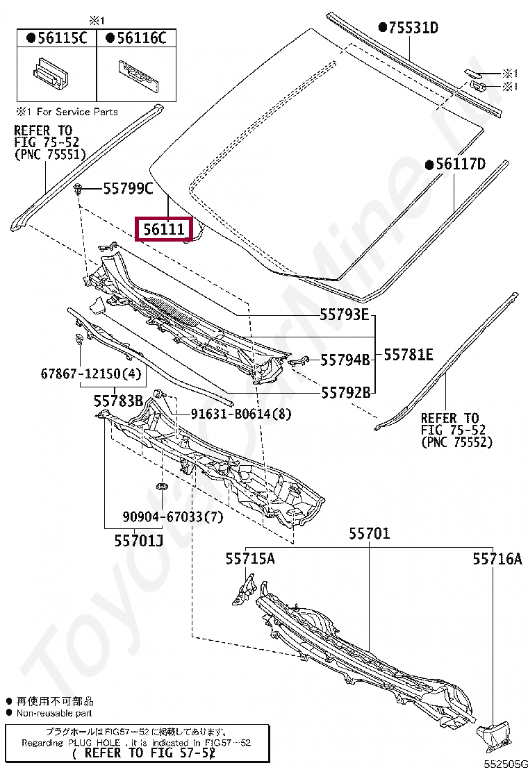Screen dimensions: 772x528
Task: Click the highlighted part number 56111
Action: coord(165,228)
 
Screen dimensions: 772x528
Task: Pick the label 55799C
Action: coord(128,188)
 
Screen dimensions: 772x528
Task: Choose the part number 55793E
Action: coord(345,314)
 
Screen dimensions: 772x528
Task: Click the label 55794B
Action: coord(345,360)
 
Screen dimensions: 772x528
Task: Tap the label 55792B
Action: coord(345,392)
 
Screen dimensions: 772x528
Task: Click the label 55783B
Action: coord(119,401)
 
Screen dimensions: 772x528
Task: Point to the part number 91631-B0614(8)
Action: coord(241,414)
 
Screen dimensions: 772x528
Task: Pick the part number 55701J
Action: coord(139,539)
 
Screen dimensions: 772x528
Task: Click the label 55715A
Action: coord(249,557)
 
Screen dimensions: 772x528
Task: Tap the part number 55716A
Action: coord(497,558)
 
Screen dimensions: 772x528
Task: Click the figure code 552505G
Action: coord(505,763)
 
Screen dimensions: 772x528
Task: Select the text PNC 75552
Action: coord(456,442)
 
